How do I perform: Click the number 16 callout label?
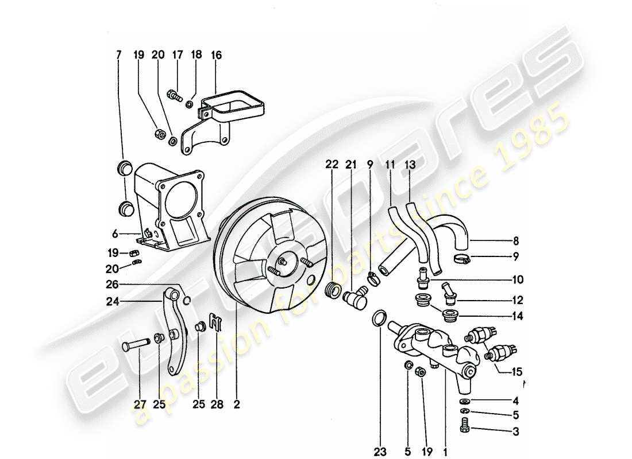[216, 55]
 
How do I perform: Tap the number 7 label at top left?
[119, 55]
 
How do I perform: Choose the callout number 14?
[519, 316]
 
